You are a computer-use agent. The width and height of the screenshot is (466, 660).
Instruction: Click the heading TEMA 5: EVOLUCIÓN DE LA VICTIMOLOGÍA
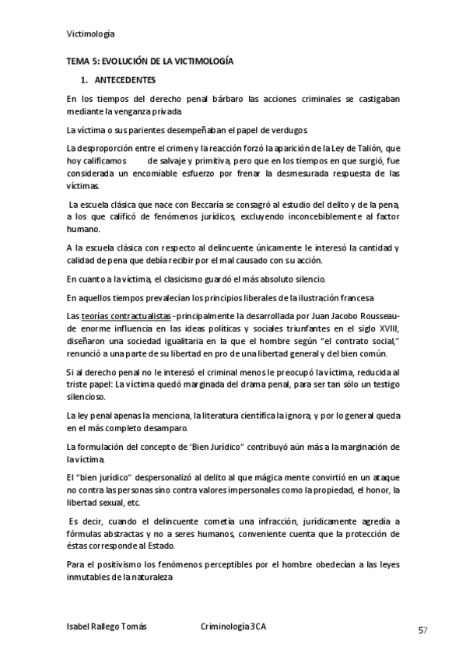149,61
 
